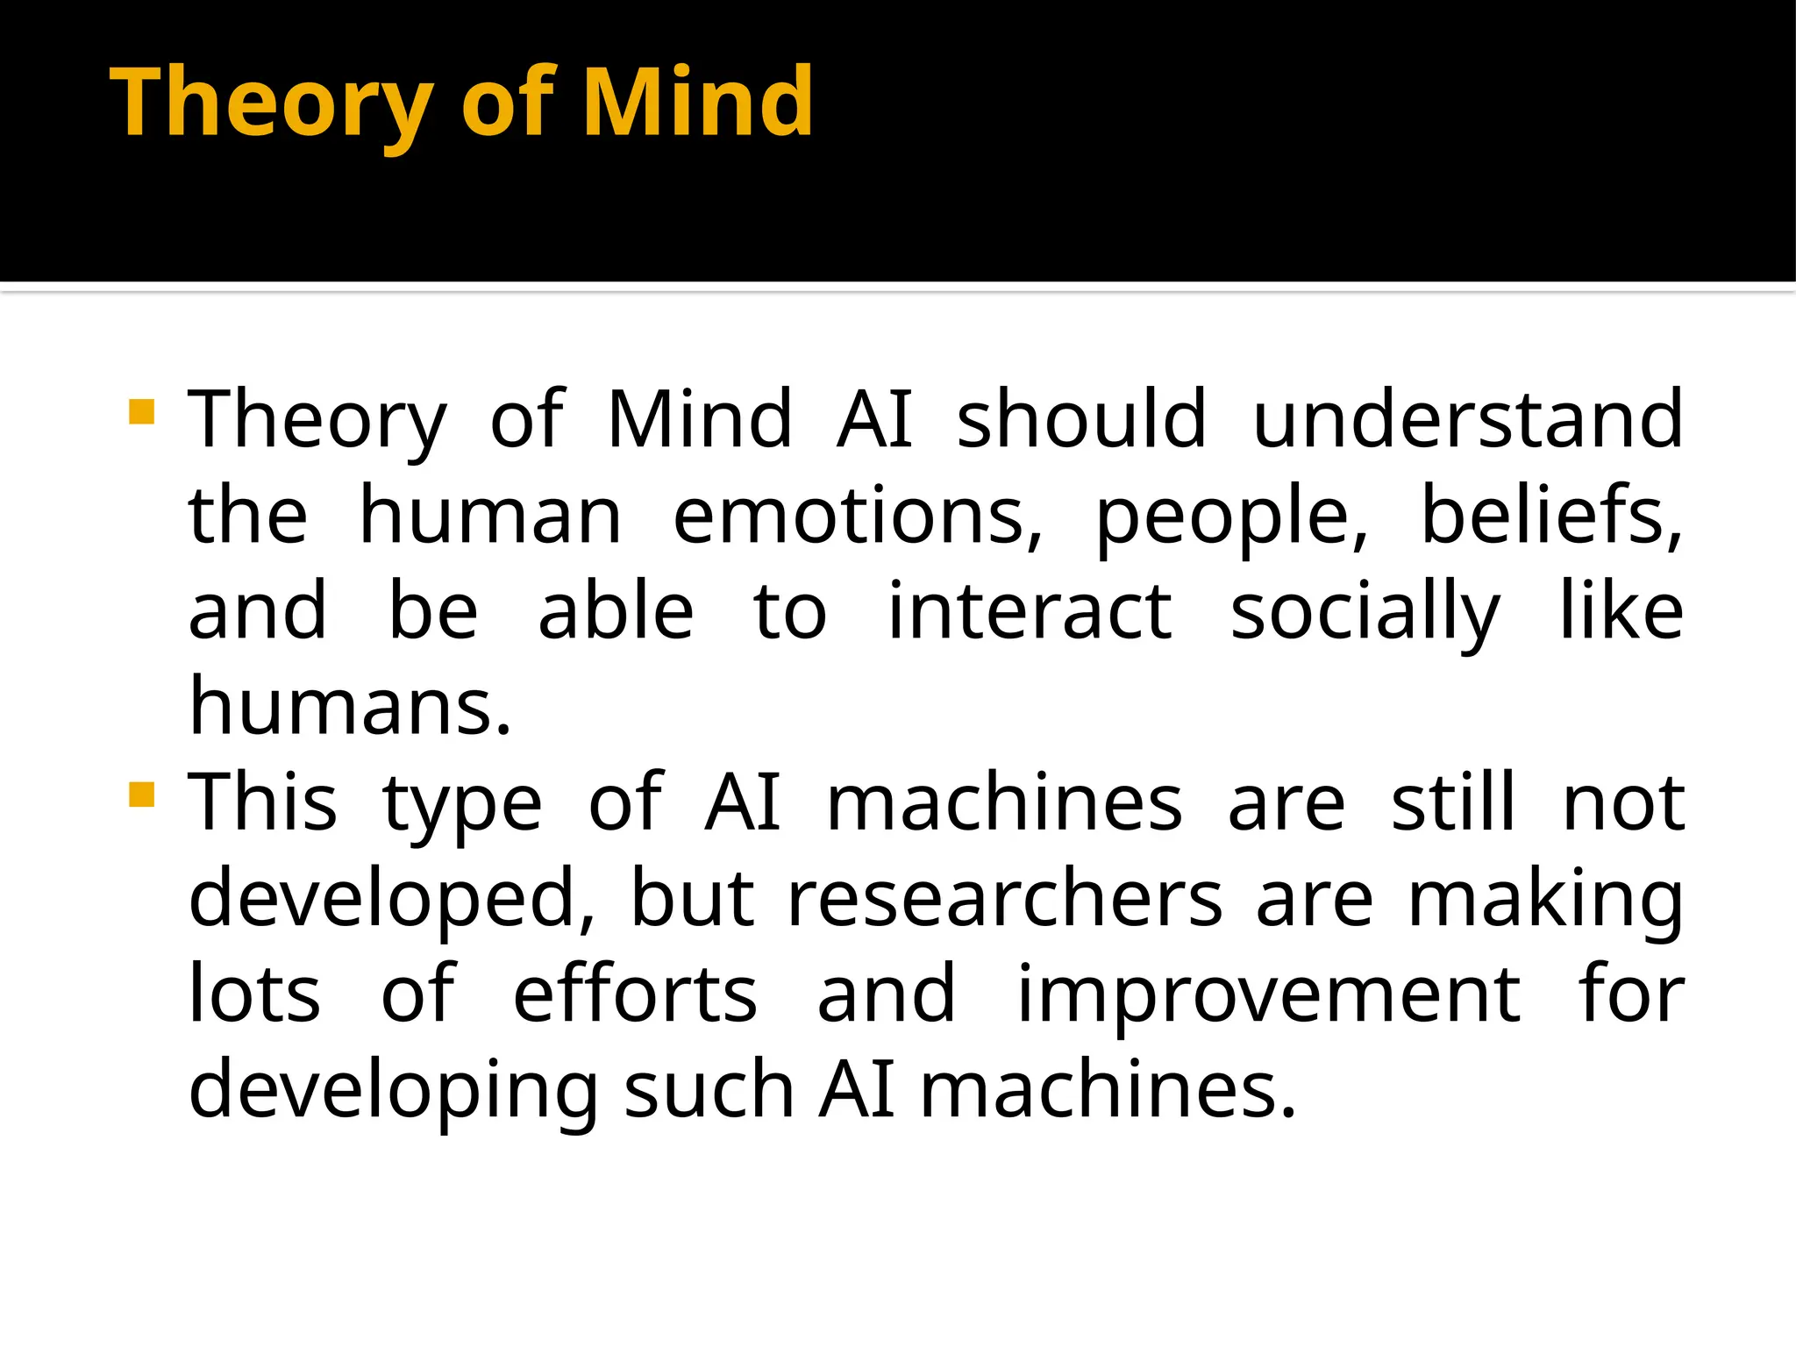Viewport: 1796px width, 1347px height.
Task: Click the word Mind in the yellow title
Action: (x=697, y=103)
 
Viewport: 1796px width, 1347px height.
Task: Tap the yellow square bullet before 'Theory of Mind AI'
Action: (x=141, y=412)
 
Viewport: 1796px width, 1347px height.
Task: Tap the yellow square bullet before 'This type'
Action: (x=141, y=795)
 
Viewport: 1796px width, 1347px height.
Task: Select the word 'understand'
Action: (x=1468, y=419)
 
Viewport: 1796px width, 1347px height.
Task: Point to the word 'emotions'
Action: (x=858, y=516)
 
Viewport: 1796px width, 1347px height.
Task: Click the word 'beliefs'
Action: (x=1550, y=516)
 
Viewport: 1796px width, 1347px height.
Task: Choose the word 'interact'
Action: (x=1030, y=611)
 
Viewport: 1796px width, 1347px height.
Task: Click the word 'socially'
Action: (x=1365, y=611)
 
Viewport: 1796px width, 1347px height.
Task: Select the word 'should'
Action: (x=1081, y=419)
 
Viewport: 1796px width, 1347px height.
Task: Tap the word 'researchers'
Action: (x=1005, y=899)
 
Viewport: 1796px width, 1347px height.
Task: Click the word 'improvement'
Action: (x=1268, y=994)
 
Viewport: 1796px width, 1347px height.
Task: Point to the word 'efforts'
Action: (x=635, y=994)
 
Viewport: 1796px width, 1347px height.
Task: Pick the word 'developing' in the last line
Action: (x=394, y=1090)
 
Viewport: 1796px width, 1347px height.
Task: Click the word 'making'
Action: (x=1545, y=899)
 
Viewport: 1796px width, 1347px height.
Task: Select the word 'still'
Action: (x=1453, y=802)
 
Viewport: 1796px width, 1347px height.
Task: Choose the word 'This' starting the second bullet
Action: (x=263, y=802)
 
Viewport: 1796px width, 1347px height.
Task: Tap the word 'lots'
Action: (x=255, y=994)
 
